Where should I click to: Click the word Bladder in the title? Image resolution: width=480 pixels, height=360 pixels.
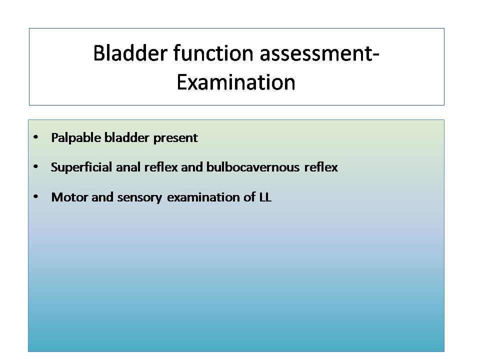(130, 53)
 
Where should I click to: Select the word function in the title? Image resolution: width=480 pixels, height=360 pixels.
(213, 53)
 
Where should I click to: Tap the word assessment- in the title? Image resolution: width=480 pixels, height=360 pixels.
(319, 53)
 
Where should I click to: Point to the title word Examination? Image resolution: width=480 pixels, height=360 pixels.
(235, 82)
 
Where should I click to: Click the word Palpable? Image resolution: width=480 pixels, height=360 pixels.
(76, 138)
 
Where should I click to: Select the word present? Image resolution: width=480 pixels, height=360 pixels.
(175, 138)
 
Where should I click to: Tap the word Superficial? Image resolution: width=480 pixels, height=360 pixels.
(81, 167)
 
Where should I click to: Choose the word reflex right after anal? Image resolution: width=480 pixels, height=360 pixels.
(160, 167)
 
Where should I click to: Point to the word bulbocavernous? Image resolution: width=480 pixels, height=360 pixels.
(253, 167)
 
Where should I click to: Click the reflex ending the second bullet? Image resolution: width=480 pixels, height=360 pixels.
(321, 167)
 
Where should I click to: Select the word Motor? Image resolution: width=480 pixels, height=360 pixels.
(70, 197)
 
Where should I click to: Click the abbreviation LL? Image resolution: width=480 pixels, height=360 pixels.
(265, 197)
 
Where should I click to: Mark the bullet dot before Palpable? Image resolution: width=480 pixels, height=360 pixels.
(36, 137)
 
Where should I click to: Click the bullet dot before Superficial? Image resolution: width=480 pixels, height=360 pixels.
(36, 166)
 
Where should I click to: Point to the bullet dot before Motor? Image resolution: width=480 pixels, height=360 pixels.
(36, 196)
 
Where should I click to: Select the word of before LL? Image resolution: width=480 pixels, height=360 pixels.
(249, 197)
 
